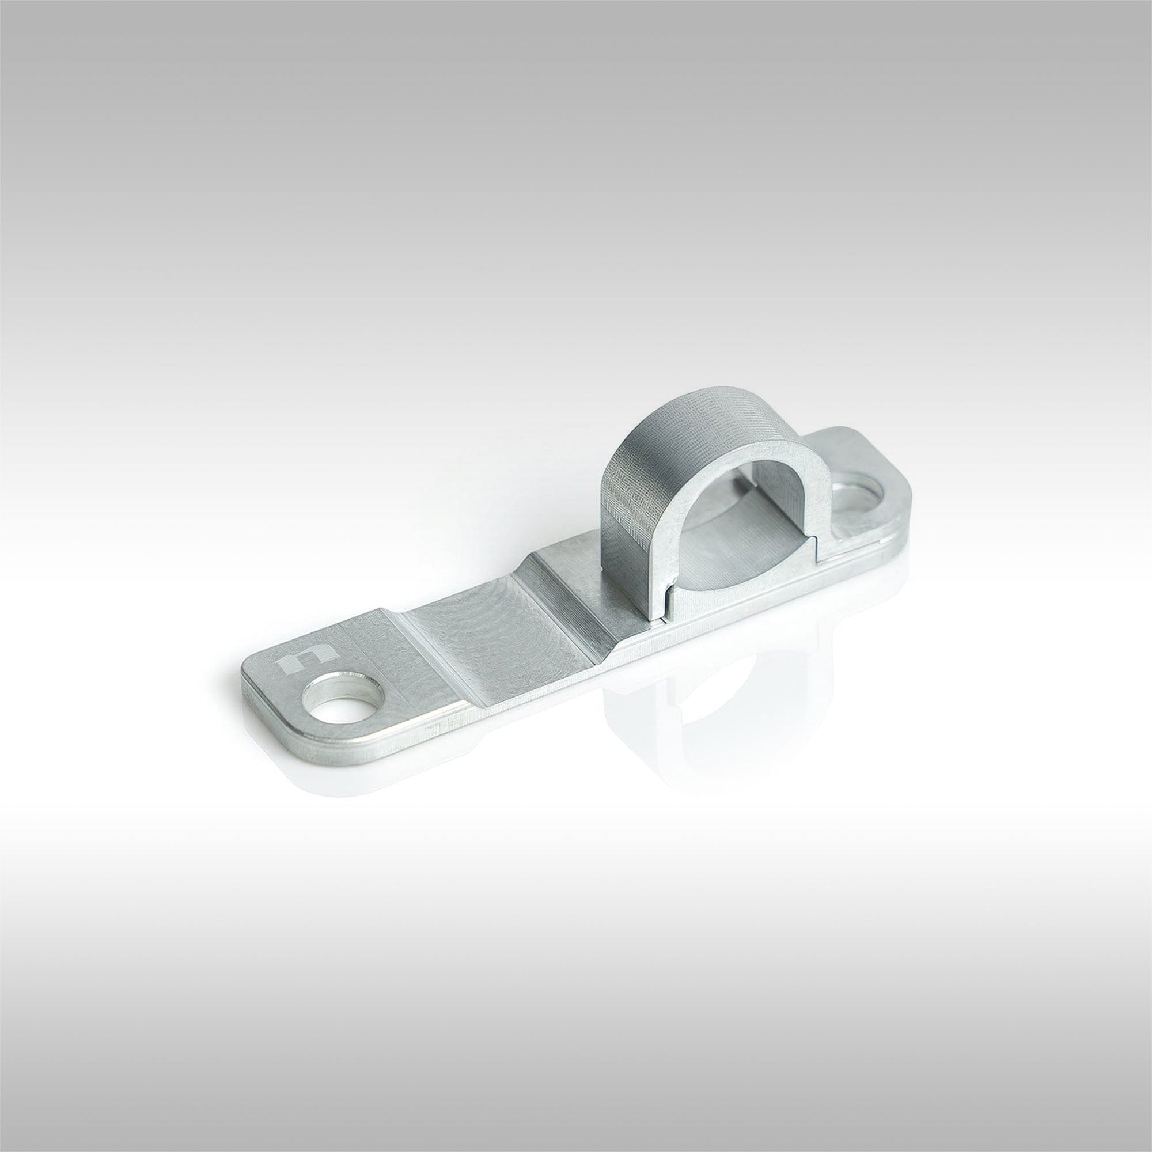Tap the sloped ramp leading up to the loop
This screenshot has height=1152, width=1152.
(570, 590)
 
